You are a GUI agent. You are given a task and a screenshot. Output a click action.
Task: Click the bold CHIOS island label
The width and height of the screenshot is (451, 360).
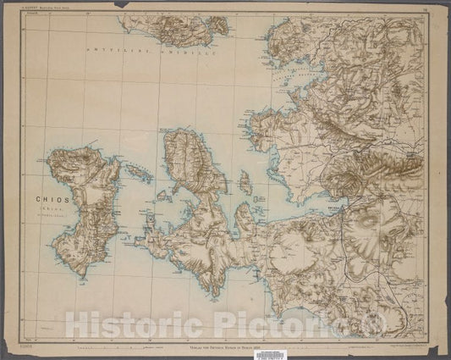[x=52, y=200]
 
